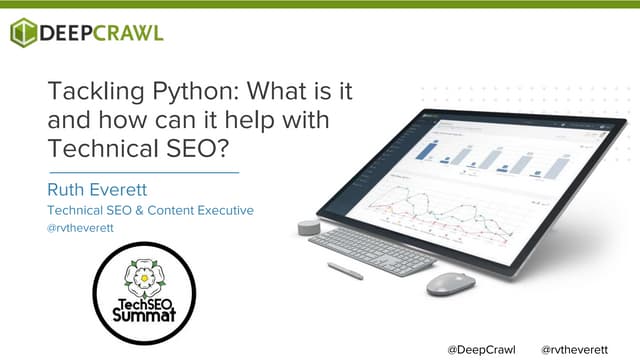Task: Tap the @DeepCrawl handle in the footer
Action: [481, 350]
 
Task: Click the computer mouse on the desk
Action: [450, 284]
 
